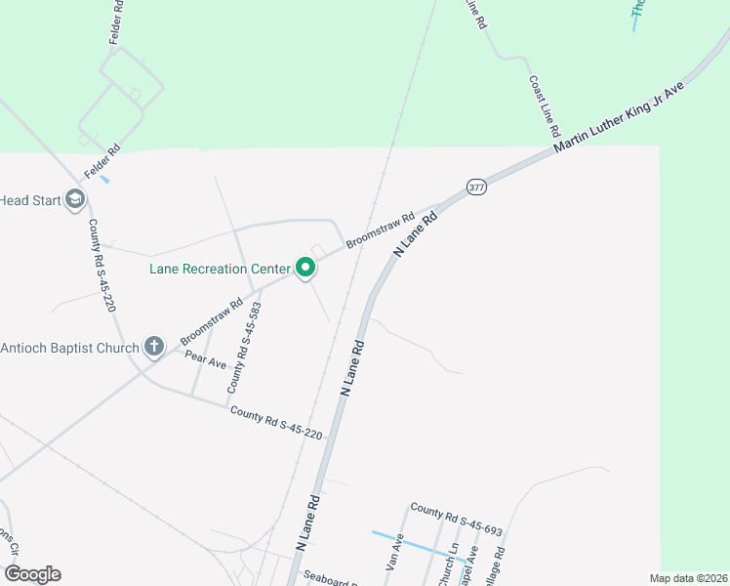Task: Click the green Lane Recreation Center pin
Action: [305, 267]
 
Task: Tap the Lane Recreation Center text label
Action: [220, 269]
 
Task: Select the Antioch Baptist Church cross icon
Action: [153, 347]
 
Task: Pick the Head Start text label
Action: [29, 201]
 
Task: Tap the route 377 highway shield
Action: [476, 187]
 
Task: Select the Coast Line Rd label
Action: [545, 105]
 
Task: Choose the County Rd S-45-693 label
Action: [456, 520]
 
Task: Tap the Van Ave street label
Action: [394, 558]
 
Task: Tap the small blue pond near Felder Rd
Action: [104, 179]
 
